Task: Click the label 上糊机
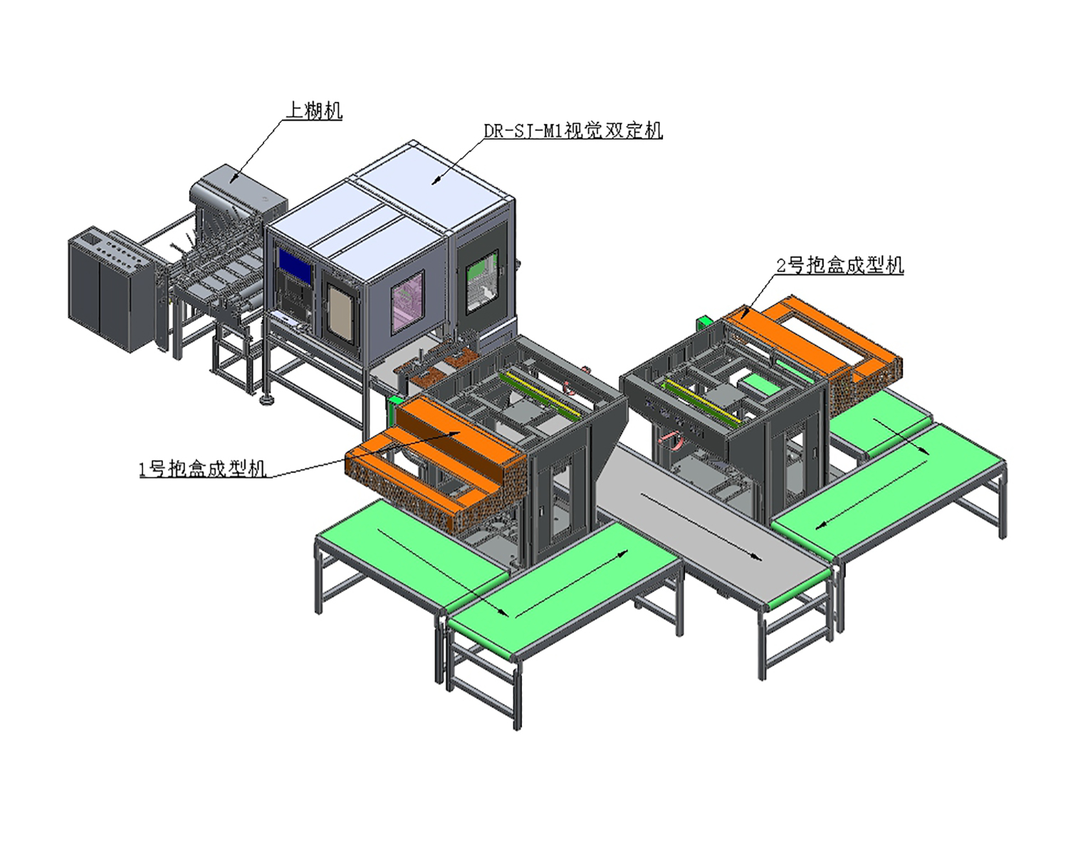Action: click(x=314, y=110)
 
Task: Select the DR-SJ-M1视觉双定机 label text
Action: click(x=573, y=130)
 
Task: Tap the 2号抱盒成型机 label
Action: click(x=839, y=265)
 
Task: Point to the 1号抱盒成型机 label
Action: click(x=202, y=469)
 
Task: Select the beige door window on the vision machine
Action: click(x=340, y=313)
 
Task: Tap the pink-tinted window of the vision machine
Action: click(x=408, y=301)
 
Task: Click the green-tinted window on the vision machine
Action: click(x=482, y=281)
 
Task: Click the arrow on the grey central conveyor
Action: click(x=701, y=527)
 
